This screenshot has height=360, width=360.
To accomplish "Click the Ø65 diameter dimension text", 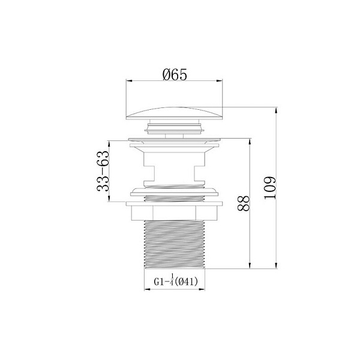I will [x=175, y=74].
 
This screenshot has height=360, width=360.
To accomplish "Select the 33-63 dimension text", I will [x=103, y=171].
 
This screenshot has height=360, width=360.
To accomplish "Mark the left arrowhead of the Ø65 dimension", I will [x=128, y=82].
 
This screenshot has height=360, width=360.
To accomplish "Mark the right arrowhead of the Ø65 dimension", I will [x=223, y=82].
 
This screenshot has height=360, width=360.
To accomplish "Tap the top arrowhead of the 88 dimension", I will [x=249, y=140].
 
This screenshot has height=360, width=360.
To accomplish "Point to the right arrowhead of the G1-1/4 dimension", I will [x=205, y=289].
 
